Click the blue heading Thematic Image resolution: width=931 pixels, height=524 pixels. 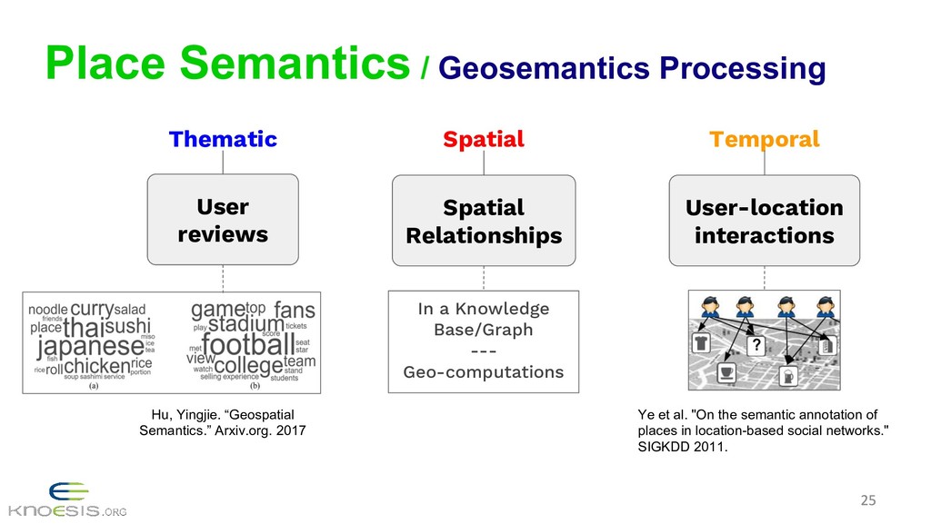pyautogui.click(x=223, y=139)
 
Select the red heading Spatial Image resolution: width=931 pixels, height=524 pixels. pyautogui.click(x=483, y=139)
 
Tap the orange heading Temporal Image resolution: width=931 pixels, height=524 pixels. pyautogui.click(x=764, y=139)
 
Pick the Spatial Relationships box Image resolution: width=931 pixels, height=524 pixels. pyautogui.click(x=483, y=222)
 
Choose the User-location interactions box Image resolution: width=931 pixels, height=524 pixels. pyautogui.click(x=764, y=222)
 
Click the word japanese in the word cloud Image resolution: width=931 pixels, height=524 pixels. pyautogui.click(x=90, y=346)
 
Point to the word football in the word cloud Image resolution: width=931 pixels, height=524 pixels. pyautogui.click(x=247, y=344)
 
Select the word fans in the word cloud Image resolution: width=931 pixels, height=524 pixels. pyautogui.click(x=294, y=310)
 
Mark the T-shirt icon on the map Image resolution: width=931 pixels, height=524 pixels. pyautogui.click(x=702, y=342)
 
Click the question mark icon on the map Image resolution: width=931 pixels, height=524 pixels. pyautogui.click(x=754, y=345)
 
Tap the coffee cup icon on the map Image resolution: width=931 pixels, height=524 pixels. pyautogui.click(x=726, y=372)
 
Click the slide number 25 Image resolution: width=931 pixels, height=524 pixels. pyautogui.click(x=868, y=499)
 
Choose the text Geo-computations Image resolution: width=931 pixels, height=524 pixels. pyautogui.click(x=483, y=372)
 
